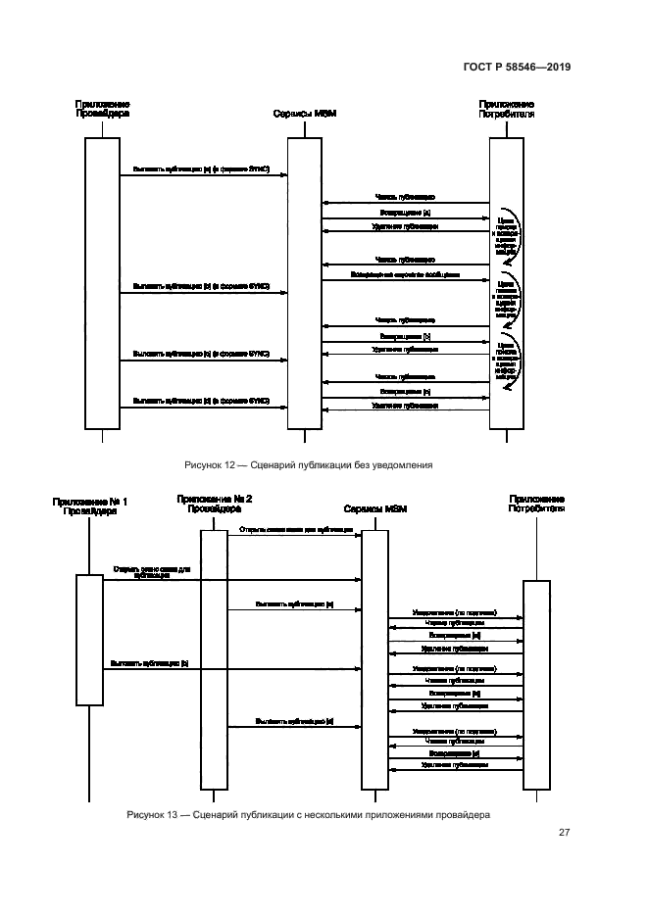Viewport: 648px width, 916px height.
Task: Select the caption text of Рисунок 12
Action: coord(308,464)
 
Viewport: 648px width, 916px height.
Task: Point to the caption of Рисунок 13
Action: coord(308,814)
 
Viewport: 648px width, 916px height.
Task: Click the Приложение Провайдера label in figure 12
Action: coord(102,108)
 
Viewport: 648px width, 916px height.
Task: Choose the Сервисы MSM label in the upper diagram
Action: coord(304,114)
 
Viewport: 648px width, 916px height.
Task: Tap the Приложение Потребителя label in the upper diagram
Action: coord(506,108)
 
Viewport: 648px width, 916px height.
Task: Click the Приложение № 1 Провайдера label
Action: coord(89,506)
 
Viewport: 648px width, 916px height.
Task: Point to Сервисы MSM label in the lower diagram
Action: coord(375,510)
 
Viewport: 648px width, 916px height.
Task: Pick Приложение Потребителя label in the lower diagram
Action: coord(536,505)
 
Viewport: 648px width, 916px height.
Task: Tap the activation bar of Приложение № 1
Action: coord(89,639)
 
